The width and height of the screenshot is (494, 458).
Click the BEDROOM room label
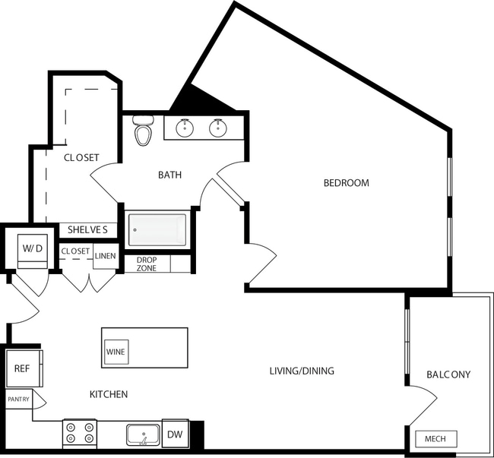click(x=346, y=183)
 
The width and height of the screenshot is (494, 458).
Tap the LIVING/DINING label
click(x=302, y=371)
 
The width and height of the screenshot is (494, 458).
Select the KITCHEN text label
click(x=109, y=394)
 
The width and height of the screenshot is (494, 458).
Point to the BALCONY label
click(x=448, y=374)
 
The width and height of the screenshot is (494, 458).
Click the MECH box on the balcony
click(x=436, y=439)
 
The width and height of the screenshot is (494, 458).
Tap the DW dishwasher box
click(x=175, y=434)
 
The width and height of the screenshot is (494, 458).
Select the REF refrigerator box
click(x=21, y=369)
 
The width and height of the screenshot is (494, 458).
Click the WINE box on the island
click(x=116, y=352)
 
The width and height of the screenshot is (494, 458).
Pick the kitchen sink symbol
click(x=142, y=435)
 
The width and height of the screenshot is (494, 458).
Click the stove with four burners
click(x=80, y=433)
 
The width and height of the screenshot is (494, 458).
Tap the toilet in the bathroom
click(x=142, y=132)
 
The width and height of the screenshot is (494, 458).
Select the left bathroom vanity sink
click(x=184, y=128)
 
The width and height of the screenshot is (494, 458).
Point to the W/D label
click(x=31, y=248)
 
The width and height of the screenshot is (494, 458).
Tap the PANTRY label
click(x=19, y=399)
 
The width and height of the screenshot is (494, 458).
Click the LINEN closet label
click(x=105, y=256)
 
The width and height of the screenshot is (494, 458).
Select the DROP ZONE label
click(x=147, y=264)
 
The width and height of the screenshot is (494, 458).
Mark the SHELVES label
click(x=87, y=229)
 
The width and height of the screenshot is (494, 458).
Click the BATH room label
click(x=169, y=175)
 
